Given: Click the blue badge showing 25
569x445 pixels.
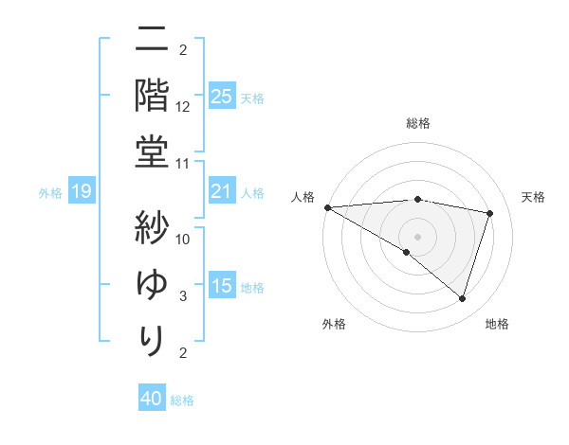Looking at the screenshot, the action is click(x=222, y=97).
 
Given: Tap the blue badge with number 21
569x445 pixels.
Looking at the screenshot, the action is click(x=222, y=192).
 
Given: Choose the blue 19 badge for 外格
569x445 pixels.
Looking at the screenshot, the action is click(x=82, y=192).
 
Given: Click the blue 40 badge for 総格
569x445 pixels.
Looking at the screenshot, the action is click(x=152, y=399).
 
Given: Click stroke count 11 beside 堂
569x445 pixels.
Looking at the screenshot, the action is click(x=184, y=164).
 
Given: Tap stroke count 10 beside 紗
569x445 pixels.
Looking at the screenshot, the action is click(x=184, y=239).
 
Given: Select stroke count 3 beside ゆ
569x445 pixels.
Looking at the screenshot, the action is click(x=184, y=296).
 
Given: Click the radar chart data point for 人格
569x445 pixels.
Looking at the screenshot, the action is click(x=327, y=207).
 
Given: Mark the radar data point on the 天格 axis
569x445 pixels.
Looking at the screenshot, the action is click(x=490, y=213).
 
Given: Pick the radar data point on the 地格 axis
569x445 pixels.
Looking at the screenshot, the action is click(x=463, y=298).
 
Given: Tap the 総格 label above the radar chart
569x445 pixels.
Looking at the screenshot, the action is click(x=418, y=123).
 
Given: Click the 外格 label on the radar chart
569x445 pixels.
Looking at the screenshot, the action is click(x=334, y=324).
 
